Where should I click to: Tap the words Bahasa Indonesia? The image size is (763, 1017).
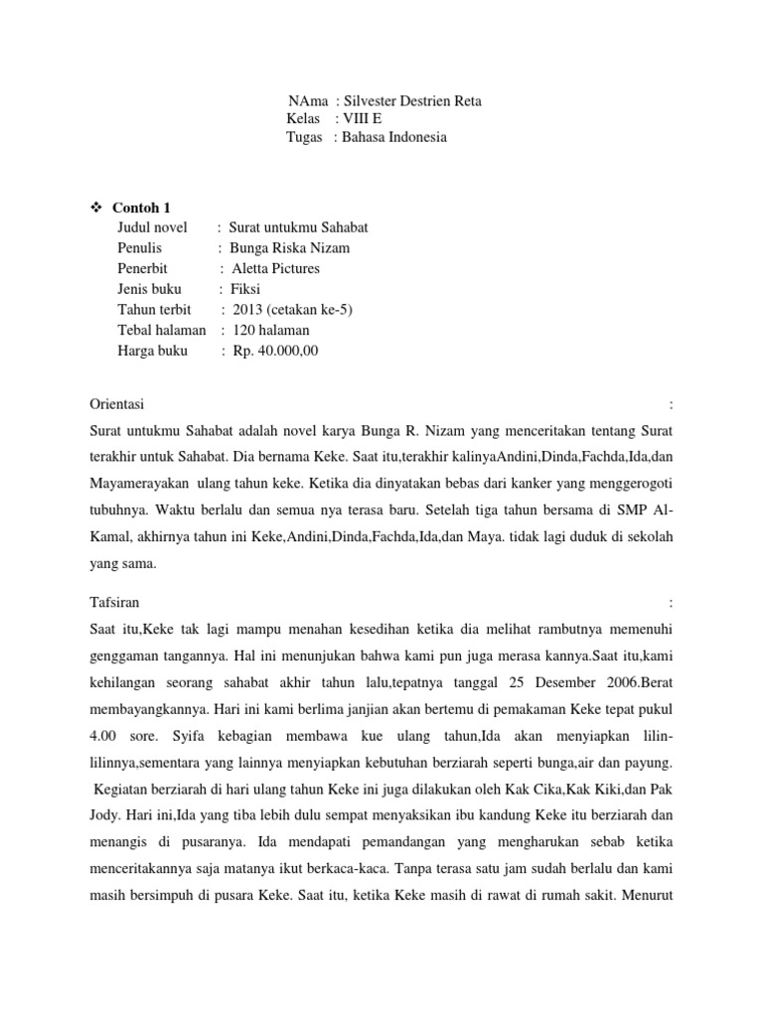click(394, 137)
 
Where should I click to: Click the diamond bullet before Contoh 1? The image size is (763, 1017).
click(96, 208)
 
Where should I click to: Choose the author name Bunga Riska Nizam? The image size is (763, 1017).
click(290, 248)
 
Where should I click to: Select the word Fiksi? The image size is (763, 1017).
click(245, 289)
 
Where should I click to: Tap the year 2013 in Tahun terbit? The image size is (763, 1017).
click(247, 310)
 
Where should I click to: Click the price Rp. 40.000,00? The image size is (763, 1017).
click(276, 351)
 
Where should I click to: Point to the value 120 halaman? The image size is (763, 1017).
click(271, 330)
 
